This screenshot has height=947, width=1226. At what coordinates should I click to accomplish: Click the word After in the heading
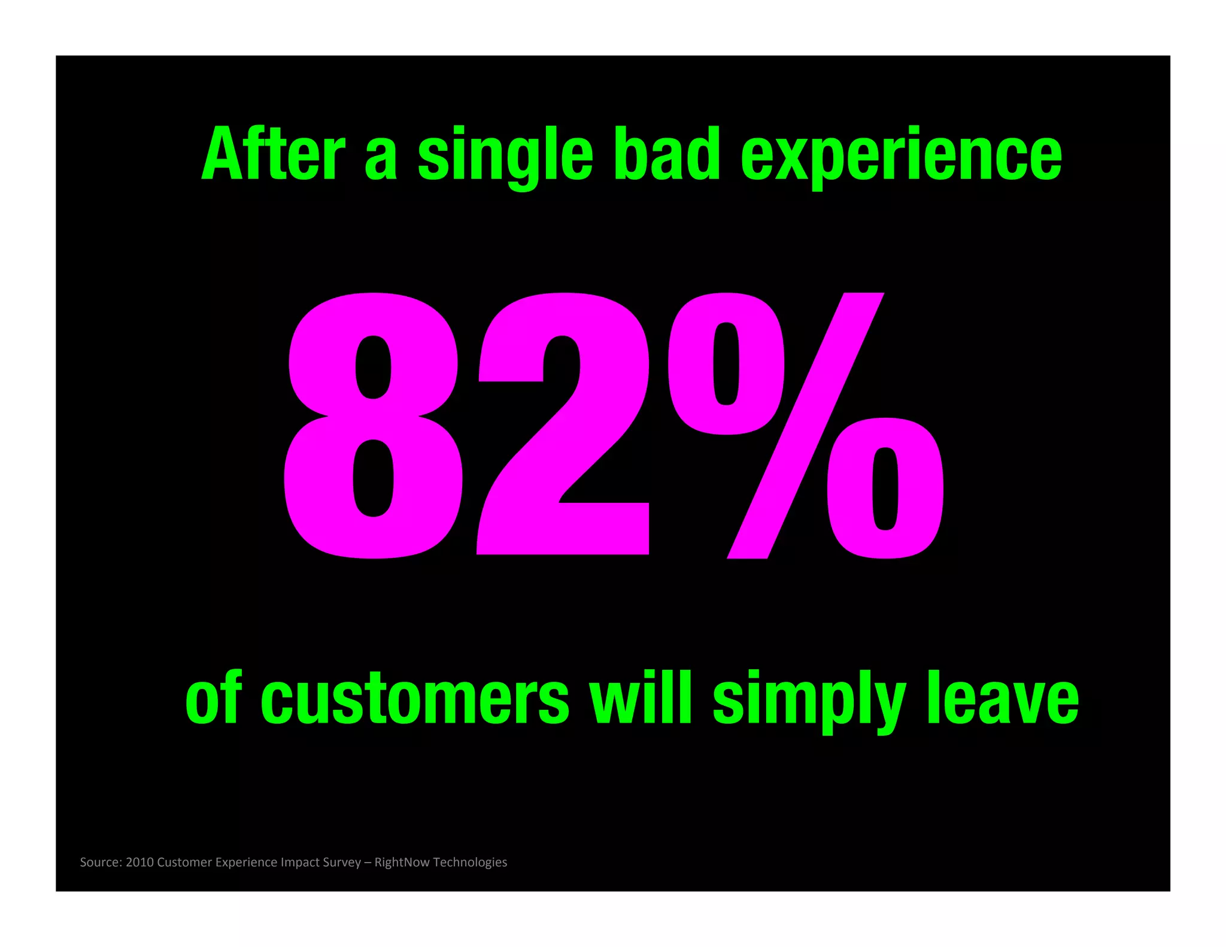(273, 154)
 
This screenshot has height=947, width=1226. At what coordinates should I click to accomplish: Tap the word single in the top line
(505, 156)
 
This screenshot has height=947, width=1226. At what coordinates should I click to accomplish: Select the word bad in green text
(667, 154)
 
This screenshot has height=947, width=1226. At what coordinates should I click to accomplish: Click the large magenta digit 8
(373, 426)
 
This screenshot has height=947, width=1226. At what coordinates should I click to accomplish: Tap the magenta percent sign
(805, 426)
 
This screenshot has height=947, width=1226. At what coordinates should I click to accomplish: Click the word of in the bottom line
(213, 697)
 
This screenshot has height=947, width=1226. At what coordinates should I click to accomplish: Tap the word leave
(1003, 697)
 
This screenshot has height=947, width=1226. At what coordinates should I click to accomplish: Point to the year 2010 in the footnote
(139, 862)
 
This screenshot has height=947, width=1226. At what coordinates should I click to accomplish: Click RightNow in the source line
(402, 863)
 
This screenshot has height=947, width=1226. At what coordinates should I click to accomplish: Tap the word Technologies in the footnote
(470, 863)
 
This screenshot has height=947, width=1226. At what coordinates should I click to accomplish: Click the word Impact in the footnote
(299, 863)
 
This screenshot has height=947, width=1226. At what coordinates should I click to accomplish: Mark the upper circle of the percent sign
(726, 363)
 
